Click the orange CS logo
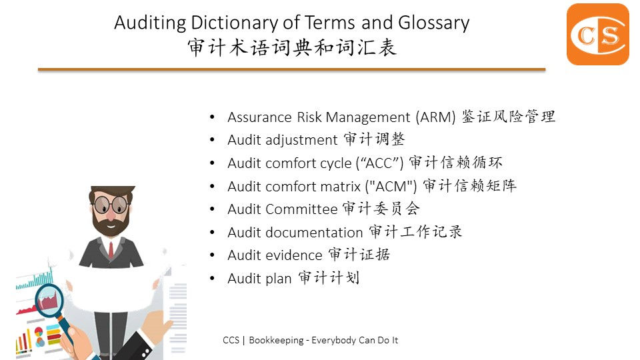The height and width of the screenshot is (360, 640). coord(597,34)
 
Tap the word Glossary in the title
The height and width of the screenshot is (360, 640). coord(433,23)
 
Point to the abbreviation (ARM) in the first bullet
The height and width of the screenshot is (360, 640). coord(435,117)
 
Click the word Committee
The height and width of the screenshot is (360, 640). coord(301,209)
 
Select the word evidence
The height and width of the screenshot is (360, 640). coord(294,255)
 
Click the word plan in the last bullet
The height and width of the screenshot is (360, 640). coord(279,279)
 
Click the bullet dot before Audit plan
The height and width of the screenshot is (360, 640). coord(212,279)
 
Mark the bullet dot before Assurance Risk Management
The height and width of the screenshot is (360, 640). coord(212,117)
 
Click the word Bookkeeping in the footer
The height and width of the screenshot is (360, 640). coord(276,340)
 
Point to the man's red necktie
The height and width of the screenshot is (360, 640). coord(111,250)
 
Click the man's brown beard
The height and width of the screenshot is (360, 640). coord(110,223)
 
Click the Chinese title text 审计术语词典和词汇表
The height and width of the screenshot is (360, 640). coord(292,47)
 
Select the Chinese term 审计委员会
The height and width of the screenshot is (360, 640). coord(381,209)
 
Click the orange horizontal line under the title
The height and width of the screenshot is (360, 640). coord(292,70)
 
